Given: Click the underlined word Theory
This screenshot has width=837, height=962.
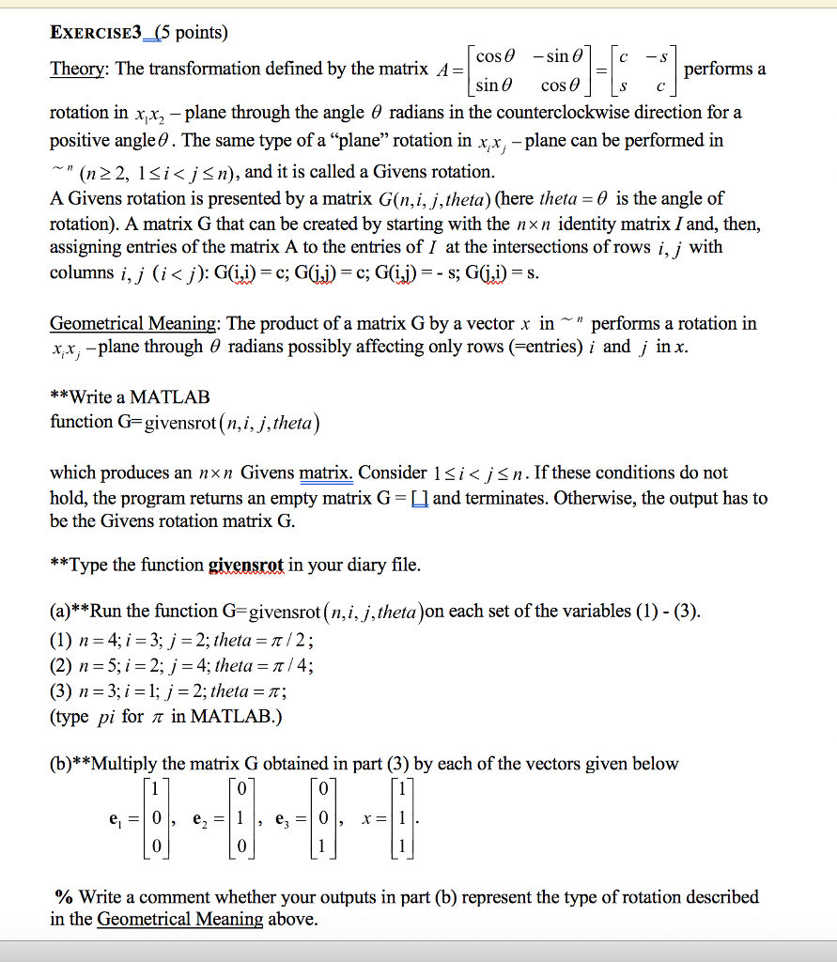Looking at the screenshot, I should click(77, 69).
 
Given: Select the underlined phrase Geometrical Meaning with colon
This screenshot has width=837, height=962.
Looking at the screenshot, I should click(135, 324).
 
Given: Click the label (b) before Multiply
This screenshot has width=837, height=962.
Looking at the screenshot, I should click(62, 764).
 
